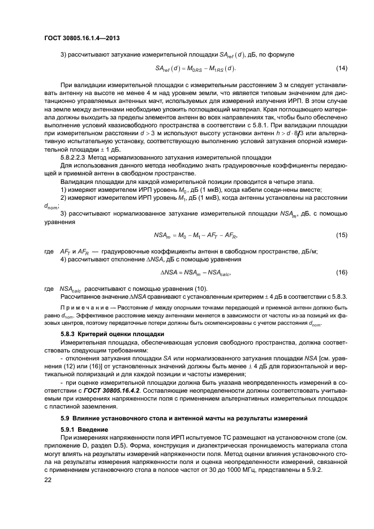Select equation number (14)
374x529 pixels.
pos(341,68)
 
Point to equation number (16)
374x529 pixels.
pos(341,273)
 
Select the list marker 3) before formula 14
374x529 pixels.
pos(63,54)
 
